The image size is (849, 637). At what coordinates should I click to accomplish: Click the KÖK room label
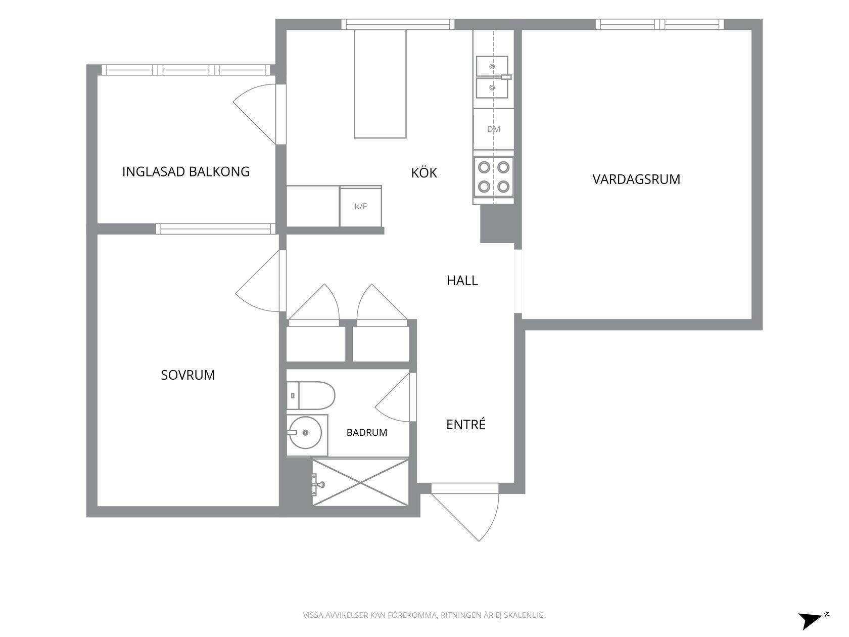[x=424, y=172]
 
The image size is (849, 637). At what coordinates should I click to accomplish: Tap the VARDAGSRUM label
[x=636, y=179]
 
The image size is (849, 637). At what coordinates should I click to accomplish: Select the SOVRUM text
[x=187, y=375]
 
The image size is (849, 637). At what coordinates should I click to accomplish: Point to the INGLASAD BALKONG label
[x=185, y=171]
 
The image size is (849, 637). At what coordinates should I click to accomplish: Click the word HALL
[x=462, y=281]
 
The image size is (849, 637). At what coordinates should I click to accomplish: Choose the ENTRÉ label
[x=466, y=424]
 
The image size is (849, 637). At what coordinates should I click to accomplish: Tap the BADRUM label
[x=367, y=432]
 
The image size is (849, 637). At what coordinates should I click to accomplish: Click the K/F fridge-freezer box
[x=360, y=207]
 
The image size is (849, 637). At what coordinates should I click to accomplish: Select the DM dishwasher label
[x=494, y=129]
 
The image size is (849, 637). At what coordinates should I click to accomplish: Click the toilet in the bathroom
[x=311, y=395]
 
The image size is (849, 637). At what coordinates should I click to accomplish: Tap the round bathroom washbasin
[x=306, y=432]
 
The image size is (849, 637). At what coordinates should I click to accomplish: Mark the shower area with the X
[x=360, y=482]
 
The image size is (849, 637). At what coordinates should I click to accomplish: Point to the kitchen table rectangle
[x=380, y=83]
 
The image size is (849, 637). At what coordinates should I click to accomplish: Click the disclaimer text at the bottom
[x=424, y=615]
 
